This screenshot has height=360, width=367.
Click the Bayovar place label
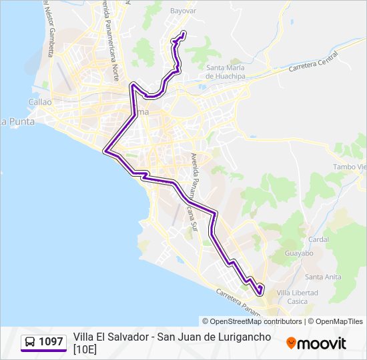pos(183,11)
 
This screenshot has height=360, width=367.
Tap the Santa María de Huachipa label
pos(225,72)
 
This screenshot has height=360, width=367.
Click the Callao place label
pos(40,102)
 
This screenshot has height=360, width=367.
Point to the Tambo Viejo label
pos(350,167)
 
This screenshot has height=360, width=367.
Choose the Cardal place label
pos(318,239)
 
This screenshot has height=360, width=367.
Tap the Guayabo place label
pos(299,253)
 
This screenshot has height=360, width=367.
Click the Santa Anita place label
pos(322,277)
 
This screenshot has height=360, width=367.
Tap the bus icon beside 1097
pos(30,342)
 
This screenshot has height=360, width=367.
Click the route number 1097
pos(51,342)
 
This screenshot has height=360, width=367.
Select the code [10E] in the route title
pos(85,349)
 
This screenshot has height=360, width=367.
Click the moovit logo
pos(316,343)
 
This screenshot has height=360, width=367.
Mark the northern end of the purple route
pos(183,33)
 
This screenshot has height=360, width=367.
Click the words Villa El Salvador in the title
pos(111,337)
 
